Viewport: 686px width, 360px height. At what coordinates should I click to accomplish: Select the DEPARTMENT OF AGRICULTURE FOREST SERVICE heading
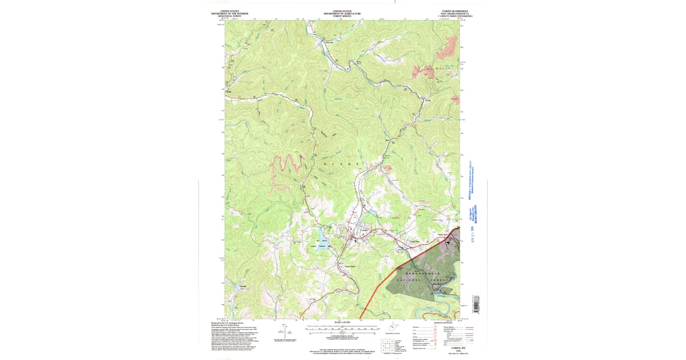342,13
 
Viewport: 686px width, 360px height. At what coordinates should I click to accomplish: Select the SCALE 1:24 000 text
342,324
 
